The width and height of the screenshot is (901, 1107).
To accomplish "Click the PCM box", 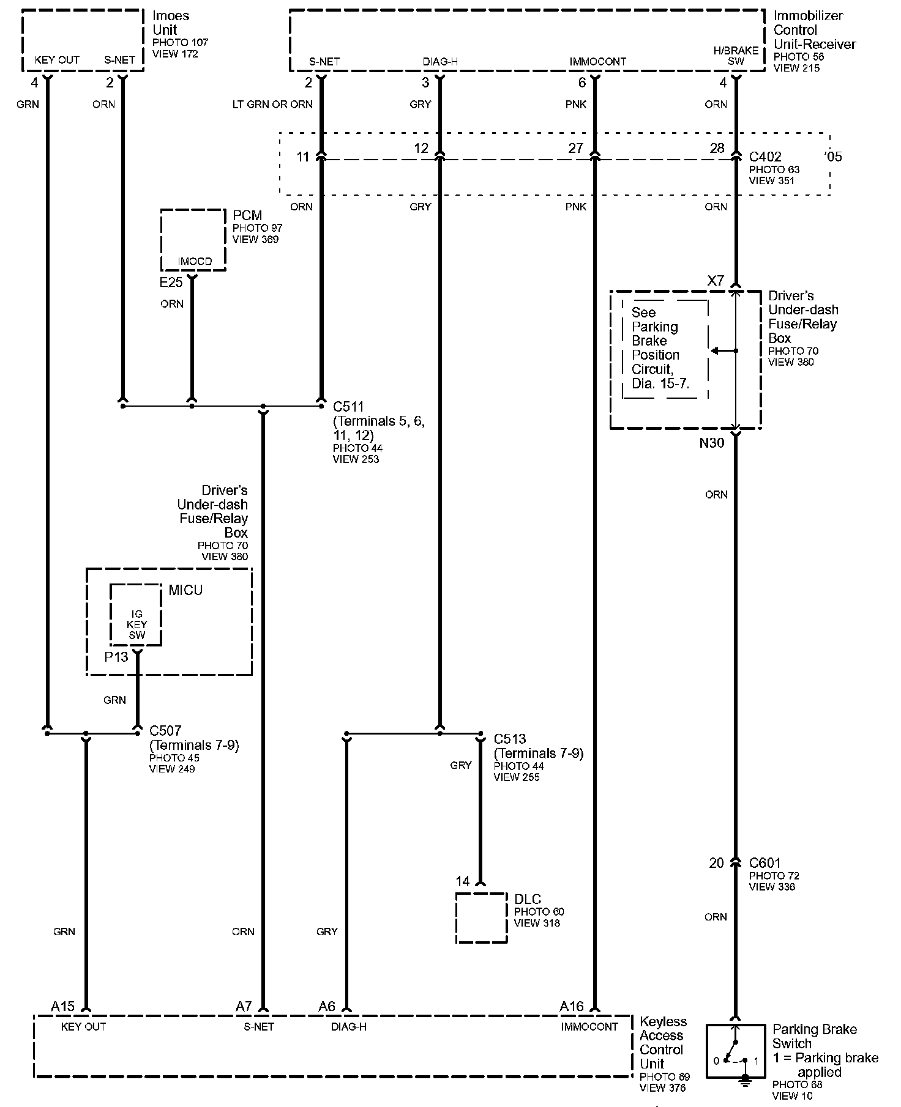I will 193,239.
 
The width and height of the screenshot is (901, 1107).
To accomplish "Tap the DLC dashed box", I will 481,917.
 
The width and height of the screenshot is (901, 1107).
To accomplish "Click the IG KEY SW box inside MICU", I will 136,615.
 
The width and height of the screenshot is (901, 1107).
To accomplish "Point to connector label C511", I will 348,407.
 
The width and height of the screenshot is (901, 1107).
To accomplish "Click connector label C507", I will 165,731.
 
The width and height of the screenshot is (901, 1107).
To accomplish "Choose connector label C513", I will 510,739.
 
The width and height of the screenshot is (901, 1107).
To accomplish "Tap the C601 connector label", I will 765,863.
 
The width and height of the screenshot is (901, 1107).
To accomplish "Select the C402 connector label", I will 765,157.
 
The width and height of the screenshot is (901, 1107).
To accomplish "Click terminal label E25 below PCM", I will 171,282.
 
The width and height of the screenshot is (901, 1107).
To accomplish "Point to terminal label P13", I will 116,657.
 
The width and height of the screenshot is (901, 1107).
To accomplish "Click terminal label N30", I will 712,443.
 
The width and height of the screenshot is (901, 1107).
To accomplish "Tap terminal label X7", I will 716,281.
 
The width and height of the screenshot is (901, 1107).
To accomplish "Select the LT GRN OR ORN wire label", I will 272,105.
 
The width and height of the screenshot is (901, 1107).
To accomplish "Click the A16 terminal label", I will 572,1007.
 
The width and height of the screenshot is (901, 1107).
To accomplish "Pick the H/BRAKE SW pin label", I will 736,56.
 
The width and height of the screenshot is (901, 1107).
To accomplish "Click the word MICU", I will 185,590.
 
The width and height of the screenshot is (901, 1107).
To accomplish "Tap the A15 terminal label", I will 63,1007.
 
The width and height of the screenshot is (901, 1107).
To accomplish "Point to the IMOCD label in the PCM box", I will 195,262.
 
